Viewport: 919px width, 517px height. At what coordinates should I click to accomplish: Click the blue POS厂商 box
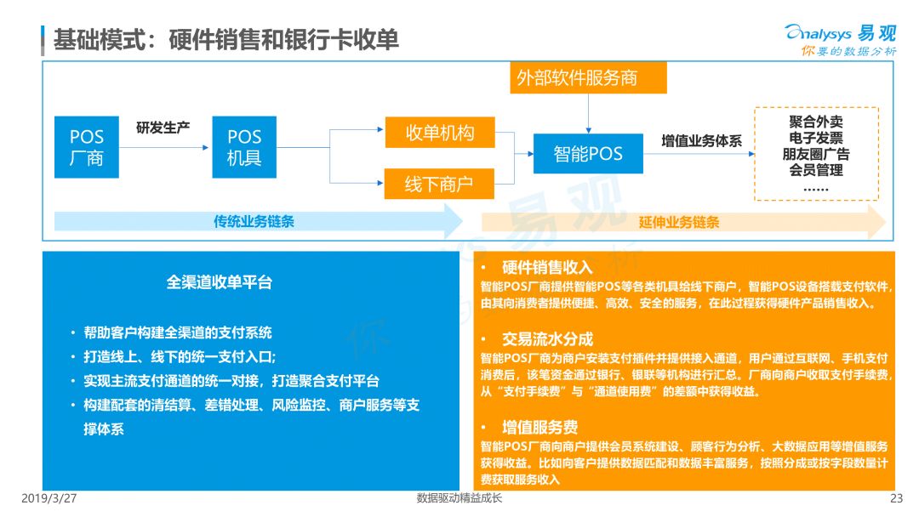pyautogui.click(x=87, y=147)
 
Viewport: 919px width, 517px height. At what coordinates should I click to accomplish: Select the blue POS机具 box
pyautogui.click(x=244, y=147)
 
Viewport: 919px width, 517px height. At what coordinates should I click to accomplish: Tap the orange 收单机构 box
pyautogui.click(x=440, y=133)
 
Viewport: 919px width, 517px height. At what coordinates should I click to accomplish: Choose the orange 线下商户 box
pyautogui.click(x=439, y=184)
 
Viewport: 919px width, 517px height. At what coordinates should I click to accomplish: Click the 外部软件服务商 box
pyautogui.click(x=589, y=78)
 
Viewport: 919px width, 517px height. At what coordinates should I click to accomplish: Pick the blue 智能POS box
pyautogui.click(x=588, y=153)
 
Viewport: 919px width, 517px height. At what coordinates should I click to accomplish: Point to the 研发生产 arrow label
pyautogui.click(x=163, y=128)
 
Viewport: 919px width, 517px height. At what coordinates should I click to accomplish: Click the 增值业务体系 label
pyautogui.click(x=701, y=140)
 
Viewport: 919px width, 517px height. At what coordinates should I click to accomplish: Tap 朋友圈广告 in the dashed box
pyautogui.click(x=816, y=154)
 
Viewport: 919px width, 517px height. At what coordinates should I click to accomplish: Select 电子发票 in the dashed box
pyautogui.click(x=816, y=138)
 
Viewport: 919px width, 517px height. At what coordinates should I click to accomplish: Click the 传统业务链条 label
pyautogui.click(x=254, y=221)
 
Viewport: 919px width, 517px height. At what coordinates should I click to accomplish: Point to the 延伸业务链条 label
pyautogui.click(x=679, y=222)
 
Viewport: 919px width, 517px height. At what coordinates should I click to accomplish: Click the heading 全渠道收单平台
pyautogui.click(x=220, y=282)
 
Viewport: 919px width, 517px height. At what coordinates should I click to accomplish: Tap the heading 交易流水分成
pyautogui.click(x=547, y=339)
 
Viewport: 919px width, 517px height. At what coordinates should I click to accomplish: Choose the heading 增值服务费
pyautogui.click(x=539, y=427)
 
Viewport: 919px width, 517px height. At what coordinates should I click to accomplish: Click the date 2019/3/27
pyautogui.click(x=49, y=498)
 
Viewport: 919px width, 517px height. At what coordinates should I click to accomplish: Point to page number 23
pyautogui.click(x=897, y=498)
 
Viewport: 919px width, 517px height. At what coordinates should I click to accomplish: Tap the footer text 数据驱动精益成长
pyautogui.click(x=459, y=498)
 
